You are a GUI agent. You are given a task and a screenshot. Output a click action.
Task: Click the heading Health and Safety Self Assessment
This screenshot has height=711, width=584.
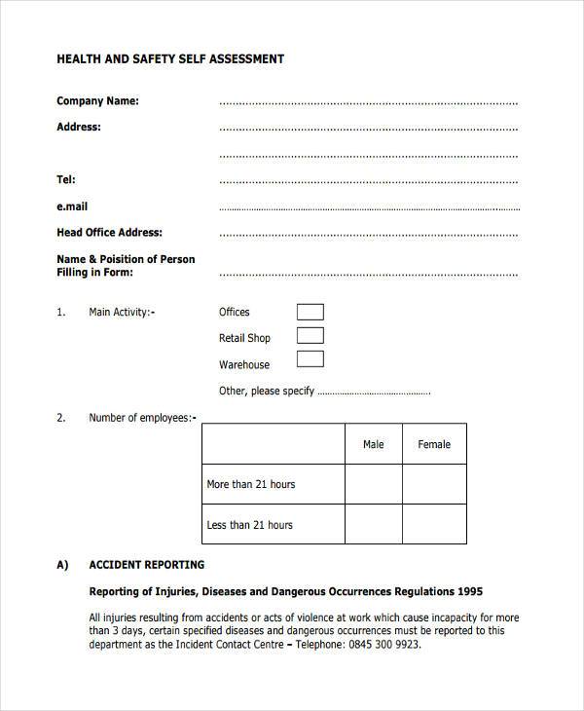[170, 58]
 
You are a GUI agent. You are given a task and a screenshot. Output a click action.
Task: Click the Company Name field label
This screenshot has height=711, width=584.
[97, 100]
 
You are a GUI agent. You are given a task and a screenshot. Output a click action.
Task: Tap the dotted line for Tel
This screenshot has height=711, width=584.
[368, 181]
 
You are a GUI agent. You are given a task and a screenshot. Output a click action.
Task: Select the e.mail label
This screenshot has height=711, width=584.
[72, 206]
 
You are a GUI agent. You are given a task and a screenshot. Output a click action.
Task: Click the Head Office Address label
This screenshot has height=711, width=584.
[109, 233]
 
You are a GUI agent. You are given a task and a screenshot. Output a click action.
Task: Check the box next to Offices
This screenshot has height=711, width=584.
[310, 313]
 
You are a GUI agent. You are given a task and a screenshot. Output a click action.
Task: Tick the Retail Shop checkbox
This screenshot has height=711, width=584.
[310, 336]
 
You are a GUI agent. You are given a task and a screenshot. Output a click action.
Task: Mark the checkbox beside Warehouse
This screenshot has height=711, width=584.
[310, 359]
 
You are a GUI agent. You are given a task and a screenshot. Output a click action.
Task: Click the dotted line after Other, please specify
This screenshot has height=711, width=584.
[374, 393]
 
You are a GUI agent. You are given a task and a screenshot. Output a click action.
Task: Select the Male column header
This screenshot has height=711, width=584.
[373, 444]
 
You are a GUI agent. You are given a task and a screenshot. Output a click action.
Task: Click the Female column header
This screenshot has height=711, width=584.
[434, 444]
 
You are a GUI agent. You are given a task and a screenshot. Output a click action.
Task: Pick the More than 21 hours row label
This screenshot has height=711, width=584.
[250, 484]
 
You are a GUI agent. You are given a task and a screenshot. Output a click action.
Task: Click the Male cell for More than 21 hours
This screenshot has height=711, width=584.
[373, 484]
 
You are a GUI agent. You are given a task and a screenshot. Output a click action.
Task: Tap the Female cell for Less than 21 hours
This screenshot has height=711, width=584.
[434, 524]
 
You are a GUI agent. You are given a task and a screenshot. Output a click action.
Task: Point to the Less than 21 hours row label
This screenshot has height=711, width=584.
[249, 525]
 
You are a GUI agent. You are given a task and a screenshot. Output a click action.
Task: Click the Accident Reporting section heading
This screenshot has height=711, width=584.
[146, 565]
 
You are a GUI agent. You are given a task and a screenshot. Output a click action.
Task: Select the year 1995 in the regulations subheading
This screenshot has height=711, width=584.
[468, 591]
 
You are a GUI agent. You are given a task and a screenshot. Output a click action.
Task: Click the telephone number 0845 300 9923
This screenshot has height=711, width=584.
[383, 645]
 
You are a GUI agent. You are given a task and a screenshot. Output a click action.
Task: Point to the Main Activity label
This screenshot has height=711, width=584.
[122, 313]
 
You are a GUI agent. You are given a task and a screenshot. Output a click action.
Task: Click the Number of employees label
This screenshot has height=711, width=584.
[142, 418]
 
